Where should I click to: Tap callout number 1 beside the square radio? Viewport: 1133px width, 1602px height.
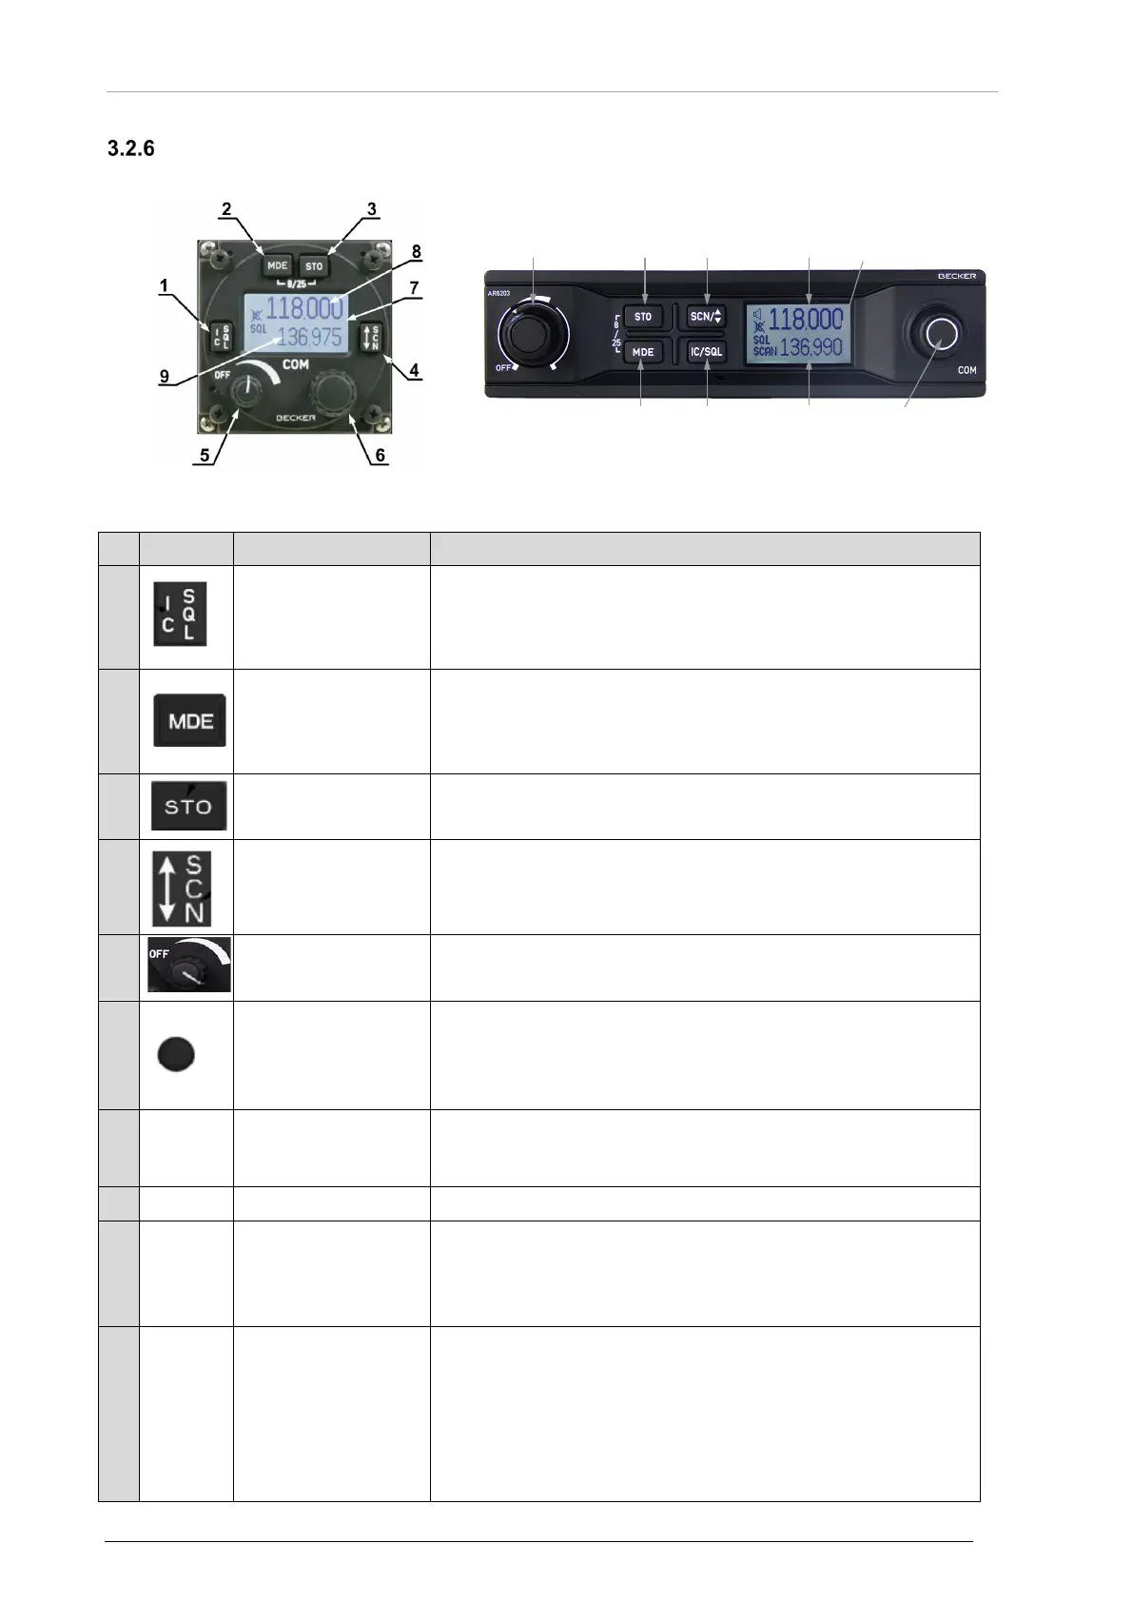click(164, 284)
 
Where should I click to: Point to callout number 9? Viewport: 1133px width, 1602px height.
click(165, 377)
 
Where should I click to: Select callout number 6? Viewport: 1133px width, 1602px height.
click(380, 456)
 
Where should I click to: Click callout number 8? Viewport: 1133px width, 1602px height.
click(416, 252)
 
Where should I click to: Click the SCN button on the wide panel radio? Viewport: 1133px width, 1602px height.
click(706, 317)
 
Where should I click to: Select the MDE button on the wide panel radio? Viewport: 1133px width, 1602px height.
click(643, 351)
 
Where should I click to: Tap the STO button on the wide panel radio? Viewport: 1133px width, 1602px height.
click(643, 317)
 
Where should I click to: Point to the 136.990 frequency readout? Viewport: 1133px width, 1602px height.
click(811, 348)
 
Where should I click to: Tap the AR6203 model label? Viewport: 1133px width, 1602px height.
click(501, 294)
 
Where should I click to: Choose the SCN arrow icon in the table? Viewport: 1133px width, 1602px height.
click(182, 888)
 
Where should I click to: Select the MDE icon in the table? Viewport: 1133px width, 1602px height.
click(189, 720)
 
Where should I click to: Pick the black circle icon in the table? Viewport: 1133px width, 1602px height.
click(175, 1054)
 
